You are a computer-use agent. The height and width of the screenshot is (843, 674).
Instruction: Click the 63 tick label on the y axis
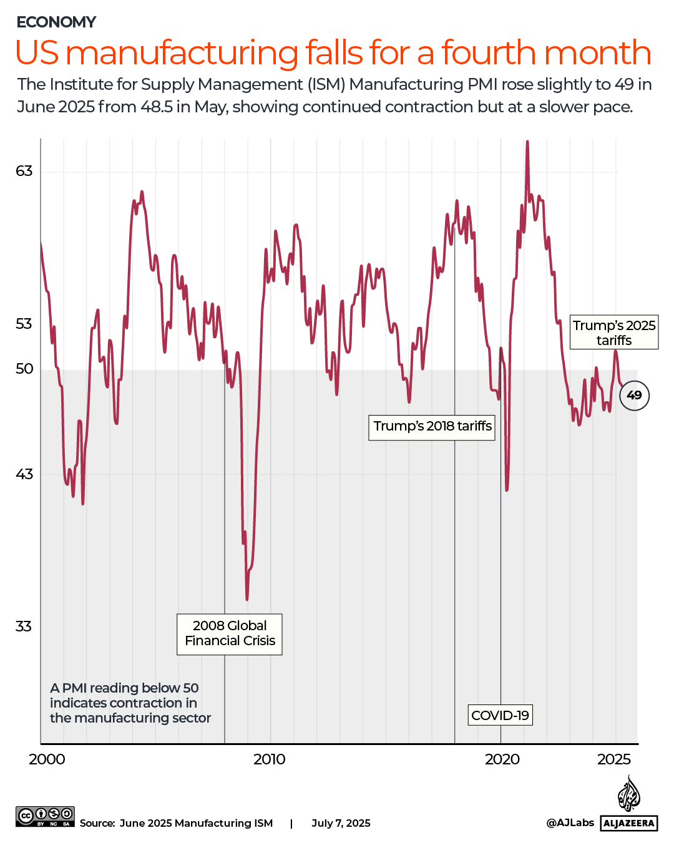tap(24, 171)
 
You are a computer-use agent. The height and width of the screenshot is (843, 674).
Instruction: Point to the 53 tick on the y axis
tap(24, 324)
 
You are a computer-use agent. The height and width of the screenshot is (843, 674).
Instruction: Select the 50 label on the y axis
tap(24, 369)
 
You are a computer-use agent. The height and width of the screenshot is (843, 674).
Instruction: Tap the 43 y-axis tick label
tap(24, 474)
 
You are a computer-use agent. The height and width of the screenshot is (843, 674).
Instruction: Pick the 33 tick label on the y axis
tap(24, 626)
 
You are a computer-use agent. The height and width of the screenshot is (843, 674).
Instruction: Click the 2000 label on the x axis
tap(47, 759)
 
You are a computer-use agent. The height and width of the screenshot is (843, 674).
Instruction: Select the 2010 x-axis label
tap(270, 759)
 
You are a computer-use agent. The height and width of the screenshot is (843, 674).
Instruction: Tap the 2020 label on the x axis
tap(502, 759)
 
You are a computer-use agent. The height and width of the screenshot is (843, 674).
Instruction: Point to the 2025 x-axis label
tap(614, 759)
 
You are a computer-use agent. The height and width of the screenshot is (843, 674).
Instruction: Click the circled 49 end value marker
tap(634, 395)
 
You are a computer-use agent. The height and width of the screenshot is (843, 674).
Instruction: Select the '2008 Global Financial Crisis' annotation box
tap(230, 634)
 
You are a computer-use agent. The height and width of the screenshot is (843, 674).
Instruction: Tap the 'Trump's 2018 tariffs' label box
tap(432, 427)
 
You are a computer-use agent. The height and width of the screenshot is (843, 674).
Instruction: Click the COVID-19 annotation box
tap(500, 715)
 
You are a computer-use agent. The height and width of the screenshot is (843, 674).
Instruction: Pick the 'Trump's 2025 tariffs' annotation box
tap(614, 333)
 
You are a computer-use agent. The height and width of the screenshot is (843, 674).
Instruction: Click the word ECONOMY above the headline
tap(56, 22)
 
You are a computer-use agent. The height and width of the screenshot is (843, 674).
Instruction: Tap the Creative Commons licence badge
tap(45, 816)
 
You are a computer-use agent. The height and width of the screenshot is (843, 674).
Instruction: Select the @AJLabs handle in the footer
tap(570, 823)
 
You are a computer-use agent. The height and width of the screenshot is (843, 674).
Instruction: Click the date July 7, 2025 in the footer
tap(341, 824)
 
